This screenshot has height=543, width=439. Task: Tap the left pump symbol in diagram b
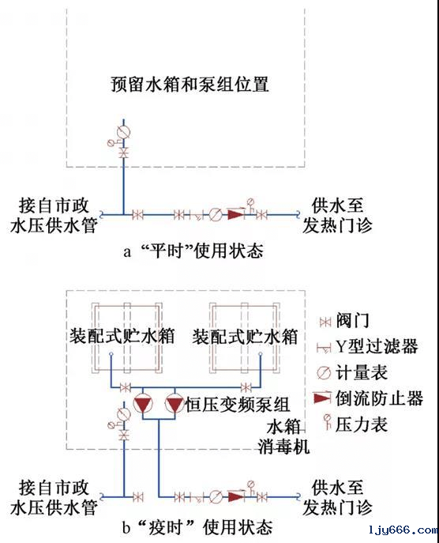[x=143, y=405]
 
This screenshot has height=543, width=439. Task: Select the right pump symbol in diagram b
[x=174, y=405]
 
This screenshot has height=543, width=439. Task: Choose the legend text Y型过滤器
[x=373, y=346]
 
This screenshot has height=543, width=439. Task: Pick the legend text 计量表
[x=362, y=372]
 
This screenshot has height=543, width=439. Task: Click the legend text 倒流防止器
[x=378, y=398]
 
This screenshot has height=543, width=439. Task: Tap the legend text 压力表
[x=362, y=424]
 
